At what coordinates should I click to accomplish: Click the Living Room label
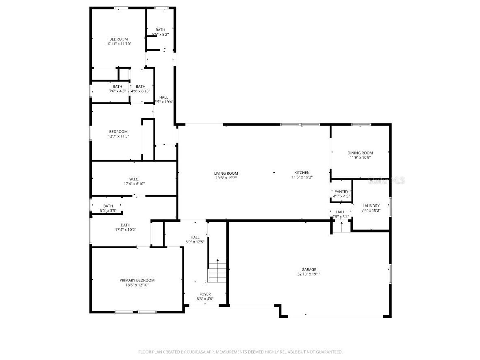pyautogui.click(x=226, y=173)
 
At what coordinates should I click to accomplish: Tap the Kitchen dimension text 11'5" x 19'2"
pyautogui.click(x=302, y=177)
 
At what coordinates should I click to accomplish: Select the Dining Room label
pyautogui.click(x=360, y=153)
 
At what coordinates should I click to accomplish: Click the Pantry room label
pyautogui.click(x=341, y=191)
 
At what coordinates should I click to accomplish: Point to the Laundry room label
pyautogui.click(x=371, y=206)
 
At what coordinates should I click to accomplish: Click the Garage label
pyautogui.click(x=308, y=269)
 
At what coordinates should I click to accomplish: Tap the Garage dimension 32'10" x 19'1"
pyautogui.click(x=308, y=274)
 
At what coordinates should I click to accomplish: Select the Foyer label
pyautogui.click(x=205, y=294)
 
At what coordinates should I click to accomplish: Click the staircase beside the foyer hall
pyautogui.click(x=217, y=271)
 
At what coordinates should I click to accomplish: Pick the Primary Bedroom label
pyautogui.click(x=137, y=280)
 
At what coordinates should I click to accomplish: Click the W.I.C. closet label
pyautogui.click(x=134, y=179)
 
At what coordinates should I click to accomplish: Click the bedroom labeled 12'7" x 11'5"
pyautogui.click(x=118, y=132)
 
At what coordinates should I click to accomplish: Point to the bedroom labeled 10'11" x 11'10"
pyautogui.click(x=118, y=39)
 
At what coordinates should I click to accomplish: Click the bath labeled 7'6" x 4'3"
pyautogui.click(x=117, y=87)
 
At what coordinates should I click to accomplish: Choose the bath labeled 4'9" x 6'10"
pyautogui.click(x=141, y=87)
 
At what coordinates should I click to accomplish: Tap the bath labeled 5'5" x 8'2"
pyautogui.click(x=160, y=30)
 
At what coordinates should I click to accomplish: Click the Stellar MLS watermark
pyautogui.click(x=386, y=181)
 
